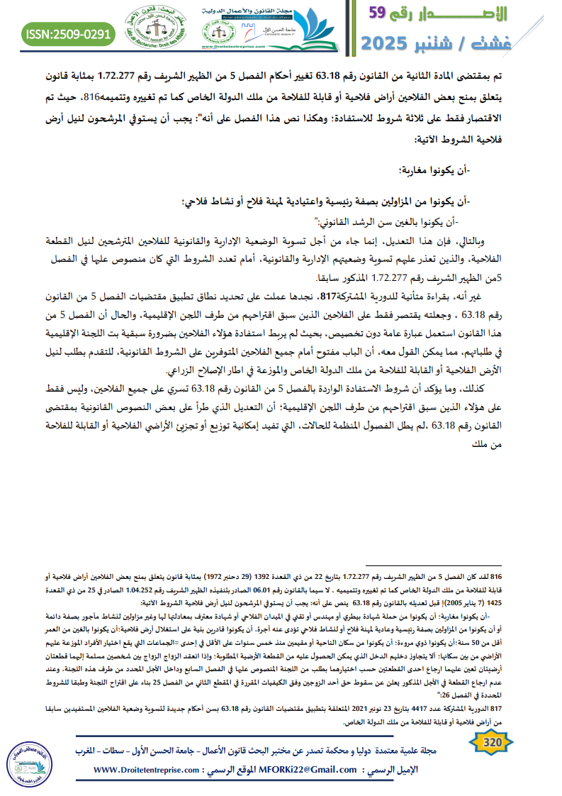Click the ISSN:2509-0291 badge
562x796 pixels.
[x=68, y=33]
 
